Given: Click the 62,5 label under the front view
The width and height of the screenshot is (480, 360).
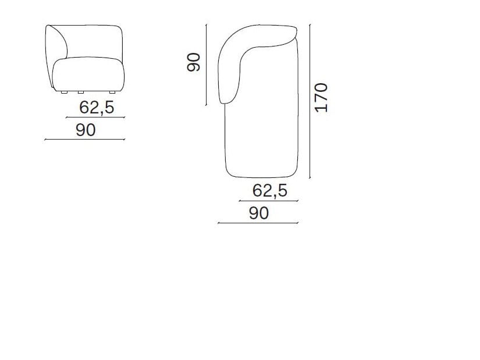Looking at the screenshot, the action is click(x=97, y=108).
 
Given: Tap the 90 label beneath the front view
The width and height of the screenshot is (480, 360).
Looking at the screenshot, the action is click(x=86, y=130).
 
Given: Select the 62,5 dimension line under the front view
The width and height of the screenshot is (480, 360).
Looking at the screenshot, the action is click(x=96, y=117).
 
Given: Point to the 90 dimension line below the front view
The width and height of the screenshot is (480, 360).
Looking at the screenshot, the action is click(x=85, y=139).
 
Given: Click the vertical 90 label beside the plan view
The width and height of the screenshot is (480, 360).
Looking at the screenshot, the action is click(x=194, y=62).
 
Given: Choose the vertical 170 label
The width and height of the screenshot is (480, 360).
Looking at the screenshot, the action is click(x=321, y=98).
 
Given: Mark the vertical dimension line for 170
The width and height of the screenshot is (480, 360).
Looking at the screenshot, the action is click(x=310, y=101).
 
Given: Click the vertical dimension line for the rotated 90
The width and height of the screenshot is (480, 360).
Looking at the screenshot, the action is click(x=207, y=65).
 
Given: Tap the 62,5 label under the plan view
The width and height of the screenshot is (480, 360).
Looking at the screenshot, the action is click(x=270, y=191).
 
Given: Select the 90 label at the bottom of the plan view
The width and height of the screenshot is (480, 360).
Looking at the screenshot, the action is click(x=259, y=213).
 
